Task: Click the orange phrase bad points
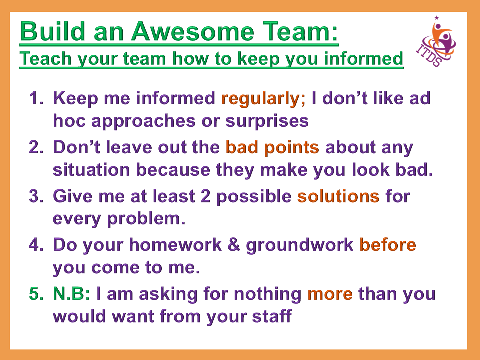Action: (272, 148)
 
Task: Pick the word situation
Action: (92, 170)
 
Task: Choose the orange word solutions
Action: (338, 196)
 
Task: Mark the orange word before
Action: (388, 245)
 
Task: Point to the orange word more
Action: (330, 294)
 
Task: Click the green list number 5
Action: (35, 294)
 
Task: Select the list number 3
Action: (35, 196)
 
